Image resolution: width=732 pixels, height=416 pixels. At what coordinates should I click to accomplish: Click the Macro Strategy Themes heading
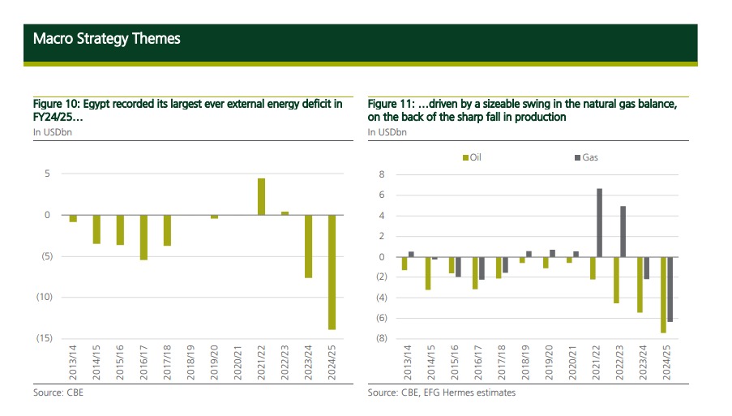click(107, 38)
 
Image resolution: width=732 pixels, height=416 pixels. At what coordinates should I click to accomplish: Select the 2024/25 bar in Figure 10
click(332, 272)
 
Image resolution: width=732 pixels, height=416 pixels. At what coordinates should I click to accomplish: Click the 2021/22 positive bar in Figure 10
click(261, 196)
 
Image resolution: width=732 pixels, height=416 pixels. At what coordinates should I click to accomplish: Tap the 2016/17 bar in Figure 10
click(143, 237)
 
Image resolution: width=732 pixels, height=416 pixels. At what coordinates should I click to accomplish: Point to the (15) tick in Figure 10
click(45, 337)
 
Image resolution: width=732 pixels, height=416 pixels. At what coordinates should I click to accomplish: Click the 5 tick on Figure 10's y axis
click(48, 174)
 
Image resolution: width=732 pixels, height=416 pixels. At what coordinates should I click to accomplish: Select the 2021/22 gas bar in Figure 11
click(599, 222)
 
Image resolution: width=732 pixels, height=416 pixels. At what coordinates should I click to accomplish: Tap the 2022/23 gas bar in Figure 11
click(623, 231)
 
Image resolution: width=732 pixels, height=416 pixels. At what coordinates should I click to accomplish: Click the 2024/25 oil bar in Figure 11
click(663, 294)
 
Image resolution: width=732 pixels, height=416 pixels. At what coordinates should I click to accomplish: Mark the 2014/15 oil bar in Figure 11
click(428, 273)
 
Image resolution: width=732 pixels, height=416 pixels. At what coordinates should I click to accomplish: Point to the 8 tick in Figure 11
click(382, 174)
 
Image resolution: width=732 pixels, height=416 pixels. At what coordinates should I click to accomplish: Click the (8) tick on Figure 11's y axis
click(380, 338)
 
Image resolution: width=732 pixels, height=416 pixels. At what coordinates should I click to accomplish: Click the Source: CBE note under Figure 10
click(58, 392)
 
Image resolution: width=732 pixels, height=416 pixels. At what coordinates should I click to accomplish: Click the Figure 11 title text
click(522, 110)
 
